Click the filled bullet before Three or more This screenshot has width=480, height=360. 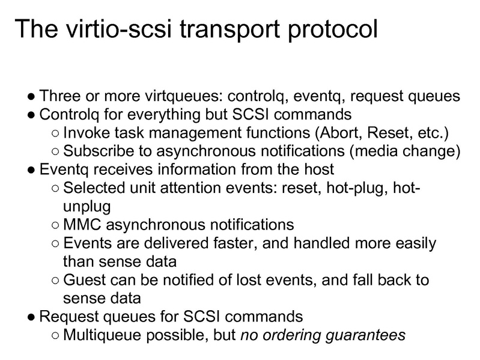pos(31,96)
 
